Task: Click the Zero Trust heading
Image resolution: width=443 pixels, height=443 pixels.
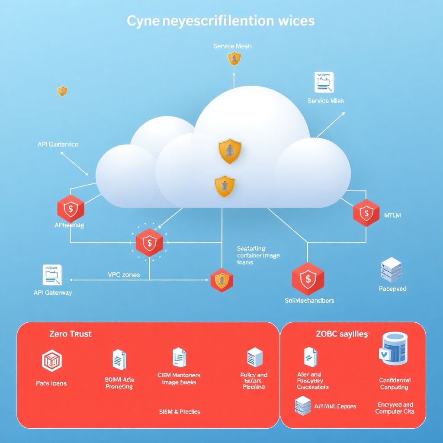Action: click(x=71, y=334)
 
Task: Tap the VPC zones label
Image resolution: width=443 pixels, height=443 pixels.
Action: click(x=124, y=274)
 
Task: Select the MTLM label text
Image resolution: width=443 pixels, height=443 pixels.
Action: click(x=392, y=215)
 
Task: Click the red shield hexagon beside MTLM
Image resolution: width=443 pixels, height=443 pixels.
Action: click(x=366, y=213)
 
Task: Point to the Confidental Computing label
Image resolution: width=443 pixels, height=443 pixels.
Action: click(x=395, y=384)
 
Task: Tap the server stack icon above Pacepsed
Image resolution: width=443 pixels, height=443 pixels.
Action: click(x=392, y=270)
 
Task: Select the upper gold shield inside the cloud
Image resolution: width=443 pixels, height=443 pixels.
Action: click(x=230, y=151)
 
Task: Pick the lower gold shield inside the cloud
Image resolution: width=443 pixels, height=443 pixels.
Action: click(x=225, y=186)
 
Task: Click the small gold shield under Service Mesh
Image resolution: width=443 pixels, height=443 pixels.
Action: click(x=234, y=58)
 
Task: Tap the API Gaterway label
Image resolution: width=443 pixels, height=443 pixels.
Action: click(x=53, y=292)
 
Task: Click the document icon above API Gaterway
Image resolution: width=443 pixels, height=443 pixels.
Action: click(x=52, y=275)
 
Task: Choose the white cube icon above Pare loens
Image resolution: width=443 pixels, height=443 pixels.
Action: click(x=51, y=361)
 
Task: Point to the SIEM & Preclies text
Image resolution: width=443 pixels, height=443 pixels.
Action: click(x=180, y=411)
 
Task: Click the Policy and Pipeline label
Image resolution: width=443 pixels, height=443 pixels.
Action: click(x=254, y=381)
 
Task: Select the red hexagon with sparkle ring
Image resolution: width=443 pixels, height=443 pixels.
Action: click(x=149, y=243)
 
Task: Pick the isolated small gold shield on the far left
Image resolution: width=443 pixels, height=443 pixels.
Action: click(x=62, y=91)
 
